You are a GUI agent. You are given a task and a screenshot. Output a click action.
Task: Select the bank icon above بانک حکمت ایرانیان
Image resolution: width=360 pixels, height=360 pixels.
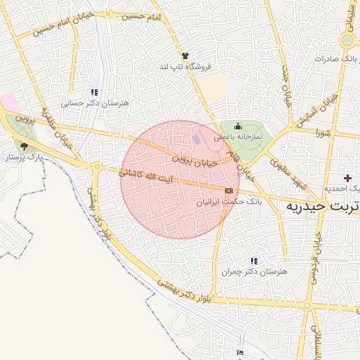[229, 191]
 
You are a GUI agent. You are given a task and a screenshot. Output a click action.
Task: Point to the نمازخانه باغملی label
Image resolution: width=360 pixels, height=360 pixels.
[238, 136]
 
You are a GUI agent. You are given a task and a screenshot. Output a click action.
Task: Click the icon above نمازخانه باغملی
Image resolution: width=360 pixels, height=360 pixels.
[238, 126]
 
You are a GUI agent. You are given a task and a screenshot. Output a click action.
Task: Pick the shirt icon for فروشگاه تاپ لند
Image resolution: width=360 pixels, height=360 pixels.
[185, 55]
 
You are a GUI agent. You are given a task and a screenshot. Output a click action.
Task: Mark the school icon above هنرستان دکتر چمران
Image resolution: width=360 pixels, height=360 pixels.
[254, 261]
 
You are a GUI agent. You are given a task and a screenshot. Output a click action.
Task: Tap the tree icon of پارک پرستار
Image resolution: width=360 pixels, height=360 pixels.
[25, 147]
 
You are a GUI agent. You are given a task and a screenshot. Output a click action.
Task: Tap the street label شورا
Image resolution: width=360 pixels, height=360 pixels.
[322, 133]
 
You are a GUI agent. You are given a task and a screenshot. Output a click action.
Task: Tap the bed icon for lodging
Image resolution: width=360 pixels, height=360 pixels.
[240, 352]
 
